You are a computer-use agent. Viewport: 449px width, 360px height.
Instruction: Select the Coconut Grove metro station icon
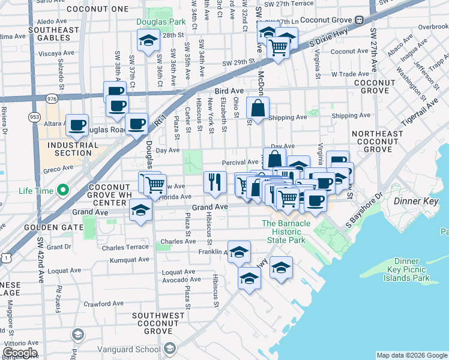[359, 19]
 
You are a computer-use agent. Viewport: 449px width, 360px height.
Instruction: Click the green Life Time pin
[61, 191]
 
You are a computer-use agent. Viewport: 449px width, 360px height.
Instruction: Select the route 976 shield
[52, 97]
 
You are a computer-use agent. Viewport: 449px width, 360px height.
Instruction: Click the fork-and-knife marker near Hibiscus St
[214, 181]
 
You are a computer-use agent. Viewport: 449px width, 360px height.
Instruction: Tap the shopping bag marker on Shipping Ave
[258, 109]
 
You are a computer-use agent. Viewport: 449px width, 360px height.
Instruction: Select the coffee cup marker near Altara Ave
[77, 125]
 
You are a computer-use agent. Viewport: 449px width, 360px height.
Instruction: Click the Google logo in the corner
[20, 352]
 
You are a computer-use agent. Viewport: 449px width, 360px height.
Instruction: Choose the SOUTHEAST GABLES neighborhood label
[53, 34]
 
